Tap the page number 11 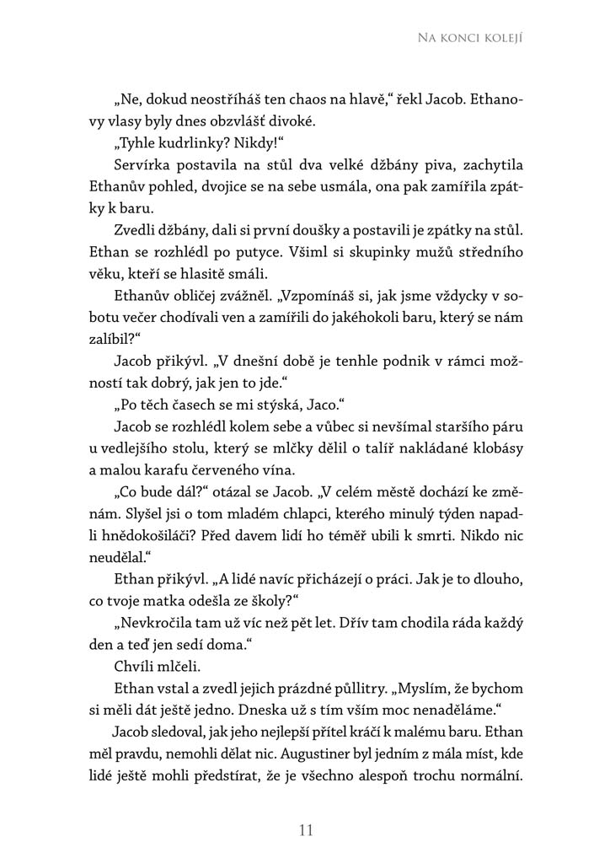pyautogui.click(x=306, y=830)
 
